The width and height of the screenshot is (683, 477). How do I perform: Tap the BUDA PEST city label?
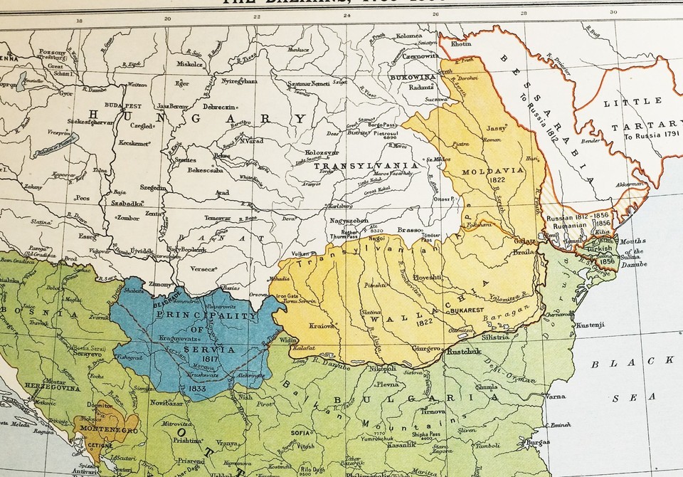(x=122, y=104)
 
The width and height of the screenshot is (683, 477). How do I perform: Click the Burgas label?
(x=534, y=442)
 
